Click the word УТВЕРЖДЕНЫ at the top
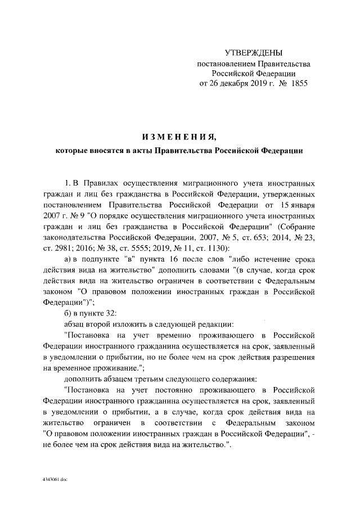pyautogui.click(x=253, y=53)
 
